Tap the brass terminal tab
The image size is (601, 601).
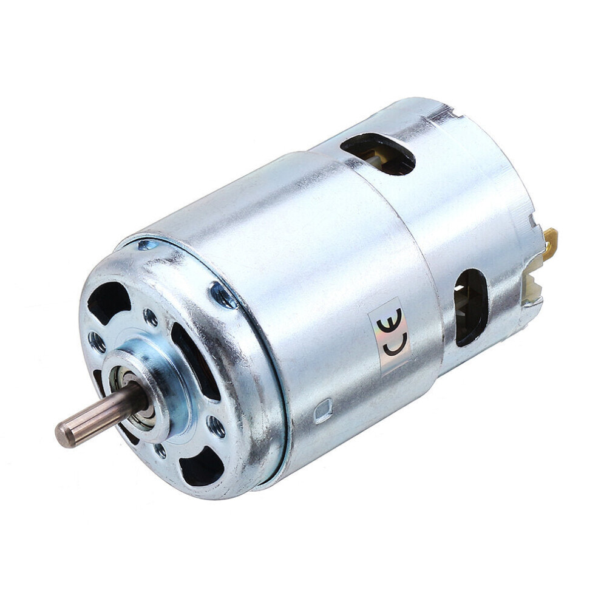pyautogui.click(x=550, y=242)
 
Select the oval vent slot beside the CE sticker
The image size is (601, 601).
pyautogui.click(x=471, y=307)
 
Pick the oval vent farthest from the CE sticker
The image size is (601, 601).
pyautogui.click(x=378, y=153)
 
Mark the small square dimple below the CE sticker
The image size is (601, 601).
pyautogui.click(x=324, y=411)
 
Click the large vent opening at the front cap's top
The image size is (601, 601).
pyautogui.click(x=109, y=301)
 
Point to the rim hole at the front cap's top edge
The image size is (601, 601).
pyautogui.click(x=148, y=245)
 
